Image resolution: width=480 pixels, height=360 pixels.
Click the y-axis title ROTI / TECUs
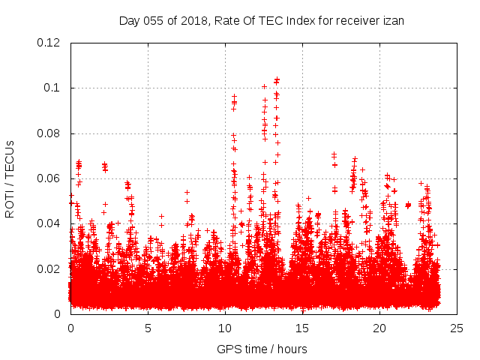(x=10, y=178)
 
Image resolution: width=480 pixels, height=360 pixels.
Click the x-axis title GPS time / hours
(x=262, y=349)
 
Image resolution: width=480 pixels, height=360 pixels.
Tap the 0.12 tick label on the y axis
(x=49, y=43)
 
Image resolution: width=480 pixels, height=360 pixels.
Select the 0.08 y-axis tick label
(x=49, y=133)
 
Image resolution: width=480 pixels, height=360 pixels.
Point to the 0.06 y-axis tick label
(x=49, y=178)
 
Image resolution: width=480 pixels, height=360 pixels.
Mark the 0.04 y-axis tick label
(x=49, y=223)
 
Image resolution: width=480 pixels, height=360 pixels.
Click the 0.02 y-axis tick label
(x=49, y=268)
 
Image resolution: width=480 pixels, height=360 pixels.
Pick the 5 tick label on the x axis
(x=148, y=328)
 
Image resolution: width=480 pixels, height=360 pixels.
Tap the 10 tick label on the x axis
(x=225, y=328)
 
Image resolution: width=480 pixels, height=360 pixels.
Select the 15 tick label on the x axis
(x=302, y=328)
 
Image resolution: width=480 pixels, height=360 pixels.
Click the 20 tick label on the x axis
(x=379, y=328)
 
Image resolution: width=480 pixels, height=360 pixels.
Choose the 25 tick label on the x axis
(x=457, y=328)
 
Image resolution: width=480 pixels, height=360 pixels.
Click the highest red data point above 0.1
(x=277, y=79)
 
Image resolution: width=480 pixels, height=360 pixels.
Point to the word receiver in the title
(x=358, y=20)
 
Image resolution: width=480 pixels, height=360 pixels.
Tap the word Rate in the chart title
(x=229, y=20)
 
